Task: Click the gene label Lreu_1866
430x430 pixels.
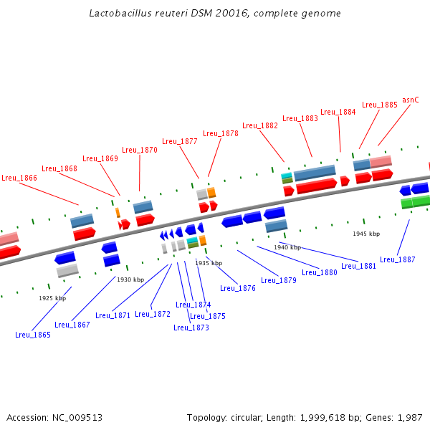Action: coord(19,178)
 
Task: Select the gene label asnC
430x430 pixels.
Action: coord(411,100)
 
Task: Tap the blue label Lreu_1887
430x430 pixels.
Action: coord(398,259)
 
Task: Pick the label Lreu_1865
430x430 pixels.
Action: coord(33,335)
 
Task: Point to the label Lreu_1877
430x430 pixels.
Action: coord(180,141)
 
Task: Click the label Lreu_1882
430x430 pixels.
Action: coord(260,125)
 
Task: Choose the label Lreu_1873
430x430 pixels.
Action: coord(191,328)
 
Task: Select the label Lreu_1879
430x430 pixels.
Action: coord(279,280)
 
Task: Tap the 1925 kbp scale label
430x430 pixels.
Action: coord(52,298)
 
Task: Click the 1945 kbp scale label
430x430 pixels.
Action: coord(366,234)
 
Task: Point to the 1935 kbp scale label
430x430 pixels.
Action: coord(209,263)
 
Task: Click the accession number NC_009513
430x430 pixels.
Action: coord(75,418)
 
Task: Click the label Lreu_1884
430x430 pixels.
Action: coord(338,112)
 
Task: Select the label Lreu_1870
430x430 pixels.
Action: coord(140,150)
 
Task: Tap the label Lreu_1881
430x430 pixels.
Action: coord(359,266)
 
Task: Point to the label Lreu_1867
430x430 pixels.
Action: coord(72,325)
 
